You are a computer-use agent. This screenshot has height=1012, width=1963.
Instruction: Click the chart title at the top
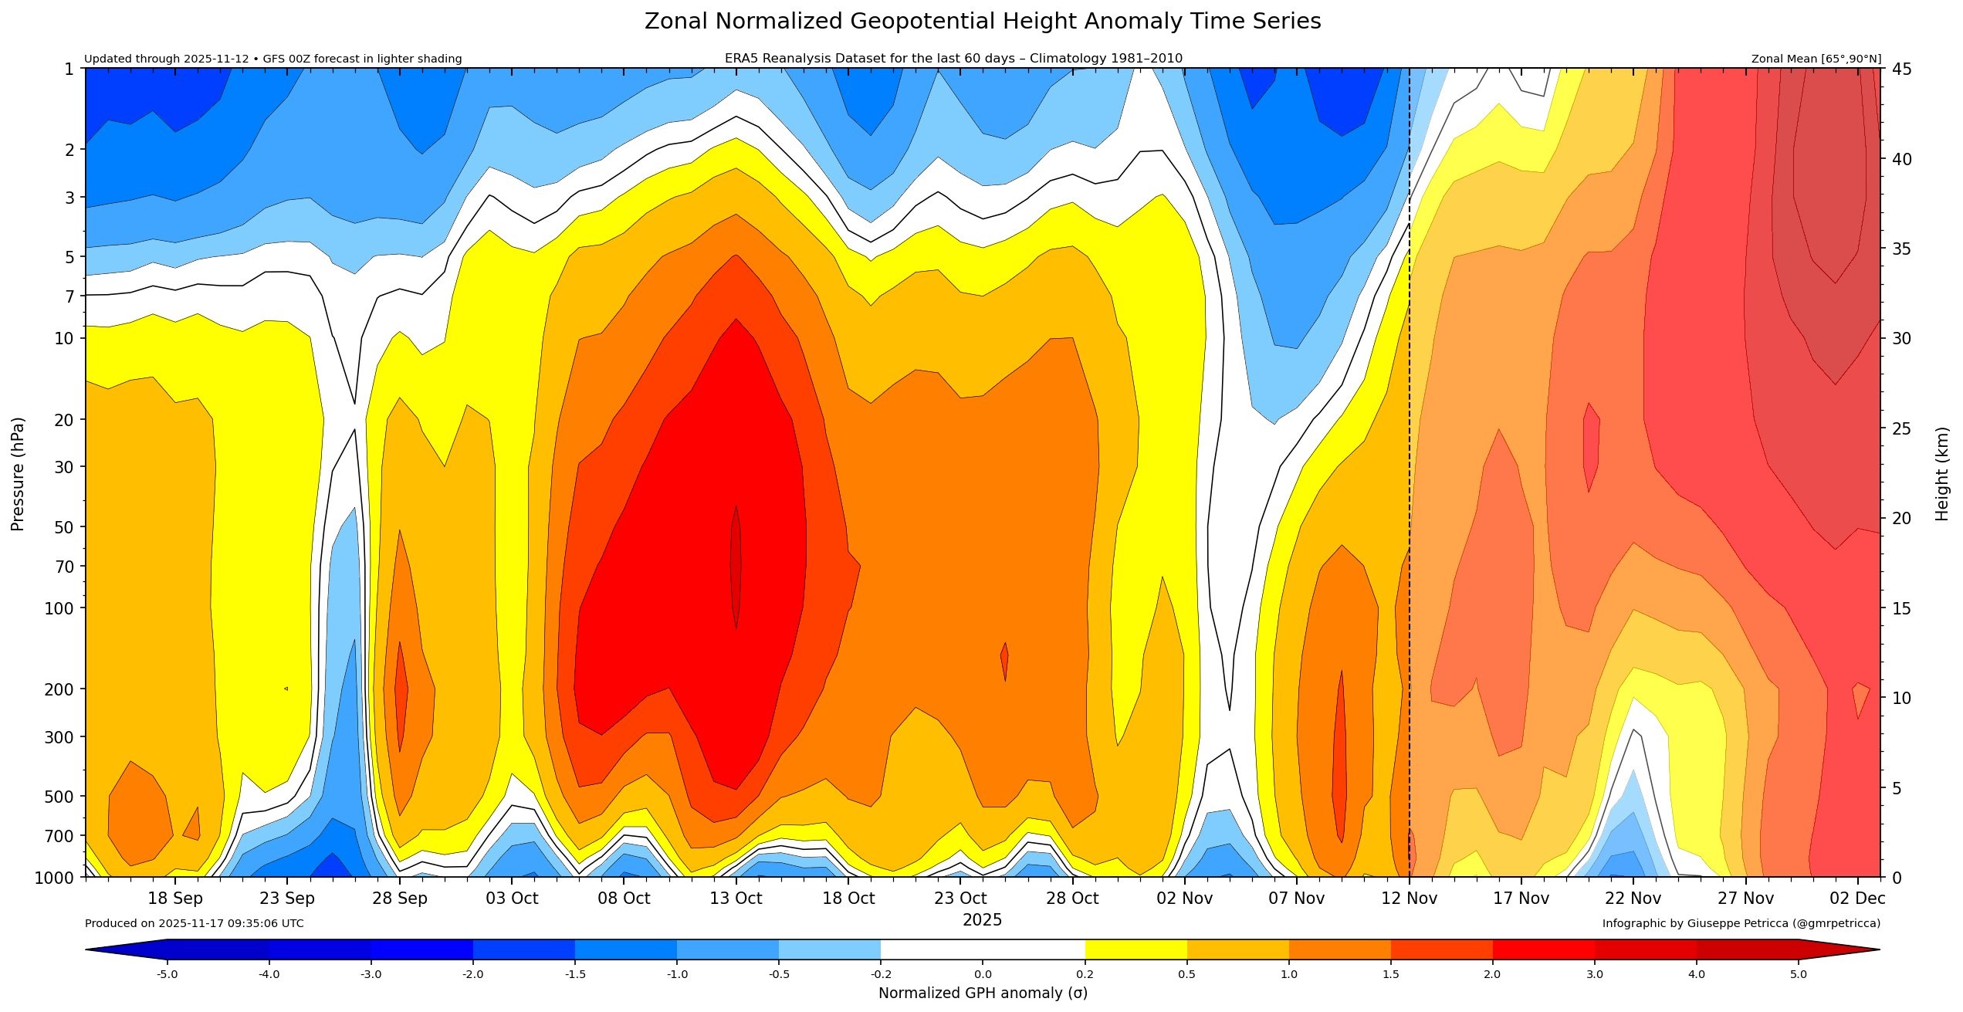982,22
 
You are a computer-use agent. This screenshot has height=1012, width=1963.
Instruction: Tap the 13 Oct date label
736,899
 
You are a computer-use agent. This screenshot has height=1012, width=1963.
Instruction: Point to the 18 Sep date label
175,899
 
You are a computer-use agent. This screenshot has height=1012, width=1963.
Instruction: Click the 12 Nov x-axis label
1409,899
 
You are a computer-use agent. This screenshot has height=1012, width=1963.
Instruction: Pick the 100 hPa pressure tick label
60,608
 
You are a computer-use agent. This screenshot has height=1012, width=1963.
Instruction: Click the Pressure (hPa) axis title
18,474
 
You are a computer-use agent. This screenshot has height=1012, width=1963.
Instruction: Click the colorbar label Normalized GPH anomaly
983,993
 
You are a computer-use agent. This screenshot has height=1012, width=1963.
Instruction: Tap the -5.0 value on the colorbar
168,974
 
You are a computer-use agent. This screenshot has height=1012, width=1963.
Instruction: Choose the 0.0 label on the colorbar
983,974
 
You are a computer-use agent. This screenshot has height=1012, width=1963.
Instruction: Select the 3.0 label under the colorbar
1594,974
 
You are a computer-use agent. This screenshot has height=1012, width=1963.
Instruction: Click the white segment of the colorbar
983,949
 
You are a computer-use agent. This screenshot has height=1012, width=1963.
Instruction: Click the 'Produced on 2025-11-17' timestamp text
194,923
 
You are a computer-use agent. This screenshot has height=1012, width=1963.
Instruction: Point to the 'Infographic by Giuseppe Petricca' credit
1741,923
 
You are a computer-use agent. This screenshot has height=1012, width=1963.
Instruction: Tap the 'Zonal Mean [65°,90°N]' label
1816,59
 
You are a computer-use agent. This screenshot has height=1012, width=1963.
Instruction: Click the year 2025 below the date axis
982,920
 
